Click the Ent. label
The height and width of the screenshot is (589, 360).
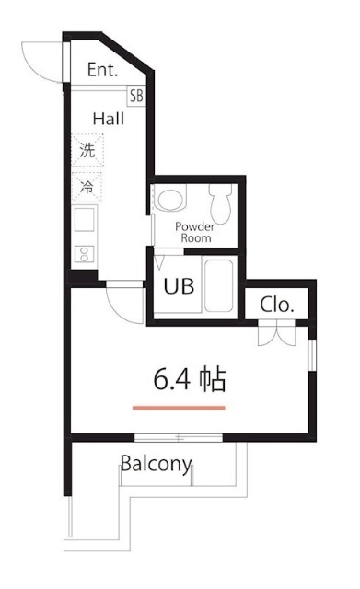pyautogui.click(x=102, y=70)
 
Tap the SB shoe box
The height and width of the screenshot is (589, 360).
pyautogui.click(x=136, y=95)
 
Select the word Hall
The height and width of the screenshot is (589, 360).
pyautogui.click(x=108, y=118)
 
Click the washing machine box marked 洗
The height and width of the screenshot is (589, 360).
pyautogui.click(x=87, y=152)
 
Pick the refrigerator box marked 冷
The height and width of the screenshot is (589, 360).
pyautogui.click(x=87, y=187)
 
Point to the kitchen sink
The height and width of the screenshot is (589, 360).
pyautogui.click(x=84, y=221)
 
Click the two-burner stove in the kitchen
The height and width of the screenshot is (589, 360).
pyautogui.click(x=84, y=252)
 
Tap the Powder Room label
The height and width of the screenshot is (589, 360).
pyautogui.click(x=194, y=231)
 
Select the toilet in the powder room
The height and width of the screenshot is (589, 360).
pyautogui.click(x=222, y=198)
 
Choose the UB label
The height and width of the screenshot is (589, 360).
pyautogui.click(x=179, y=286)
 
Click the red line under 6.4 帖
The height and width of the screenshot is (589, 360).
pyautogui.click(x=179, y=406)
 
